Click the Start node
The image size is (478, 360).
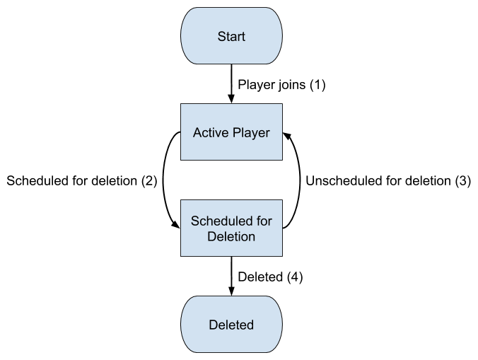pyautogui.click(x=231, y=35)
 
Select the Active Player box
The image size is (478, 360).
pyautogui.click(x=231, y=132)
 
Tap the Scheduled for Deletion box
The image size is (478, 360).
pyautogui.click(x=231, y=228)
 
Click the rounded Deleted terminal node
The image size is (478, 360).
pyautogui.click(x=231, y=325)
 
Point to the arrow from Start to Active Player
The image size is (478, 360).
pyautogui.click(x=231, y=84)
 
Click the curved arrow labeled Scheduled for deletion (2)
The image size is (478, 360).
pyautogui.click(x=164, y=180)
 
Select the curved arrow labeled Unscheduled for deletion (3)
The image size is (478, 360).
pyautogui.click(x=298, y=180)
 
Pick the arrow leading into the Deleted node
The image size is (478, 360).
pyautogui.click(x=231, y=277)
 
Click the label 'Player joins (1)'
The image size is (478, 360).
pyautogui.click(x=281, y=85)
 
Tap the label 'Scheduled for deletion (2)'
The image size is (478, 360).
pyautogui.click(x=81, y=181)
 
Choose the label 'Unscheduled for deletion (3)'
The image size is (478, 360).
pyautogui.click(x=387, y=181)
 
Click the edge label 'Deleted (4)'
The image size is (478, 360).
pyautogui.click(x=270, y=277)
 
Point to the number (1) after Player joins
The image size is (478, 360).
pyautogui.click(x=316, y=85)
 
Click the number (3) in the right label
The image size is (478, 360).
pyautogui.click(x=462, y=181)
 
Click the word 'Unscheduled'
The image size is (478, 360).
pyautogui.click(x=339, y=181)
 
